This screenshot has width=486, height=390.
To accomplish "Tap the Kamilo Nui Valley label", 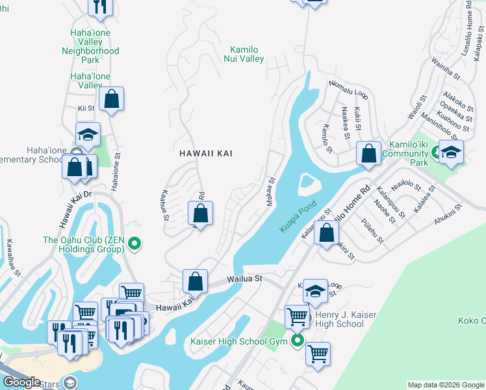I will [248, 54].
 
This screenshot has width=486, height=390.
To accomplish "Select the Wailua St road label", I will [244, 278].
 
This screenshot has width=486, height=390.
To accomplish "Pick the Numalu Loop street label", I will [348, 90].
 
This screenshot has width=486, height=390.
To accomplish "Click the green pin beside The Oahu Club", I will [134, 244].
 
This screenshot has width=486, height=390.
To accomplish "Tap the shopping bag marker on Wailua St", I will [195, 282].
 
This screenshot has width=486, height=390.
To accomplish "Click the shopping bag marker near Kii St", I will [112, 99].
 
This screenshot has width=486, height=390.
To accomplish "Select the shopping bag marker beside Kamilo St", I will [368, 154].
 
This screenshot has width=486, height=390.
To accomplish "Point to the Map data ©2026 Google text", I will [446, 385].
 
